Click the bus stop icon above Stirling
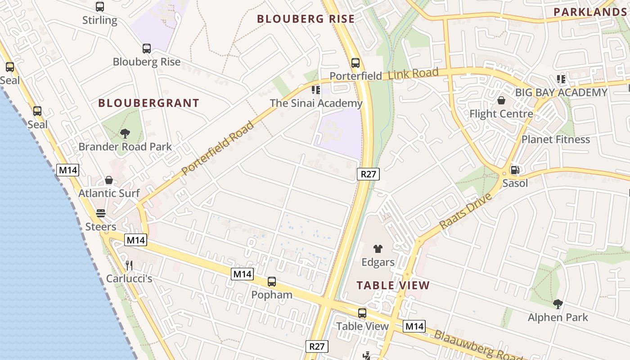(x=100, y=7)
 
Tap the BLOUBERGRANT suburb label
(x=149, y=103)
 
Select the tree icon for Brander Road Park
(x=125, y=133)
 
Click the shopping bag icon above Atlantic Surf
(x=109, y=180)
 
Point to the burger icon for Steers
(x=101, y=213)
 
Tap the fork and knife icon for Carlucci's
(x=129, y=265)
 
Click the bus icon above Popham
(x=272, y=282)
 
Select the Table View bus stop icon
(x=362, y=313)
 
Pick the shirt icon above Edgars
(x=378, y=249)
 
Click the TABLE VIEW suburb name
(x=393, y=285)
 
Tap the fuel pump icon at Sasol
(x=514, y=170)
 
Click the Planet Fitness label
(x=556, y=139)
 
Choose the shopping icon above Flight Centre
(x=501, y=100)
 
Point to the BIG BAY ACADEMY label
(x=561, y=93)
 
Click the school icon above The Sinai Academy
(x=316, y=90)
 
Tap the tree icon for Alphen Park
(x=558, y=304)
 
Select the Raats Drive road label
(x=466, y=211)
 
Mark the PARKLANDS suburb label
(x=590, y=12)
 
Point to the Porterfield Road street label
(x=218, y=148)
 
